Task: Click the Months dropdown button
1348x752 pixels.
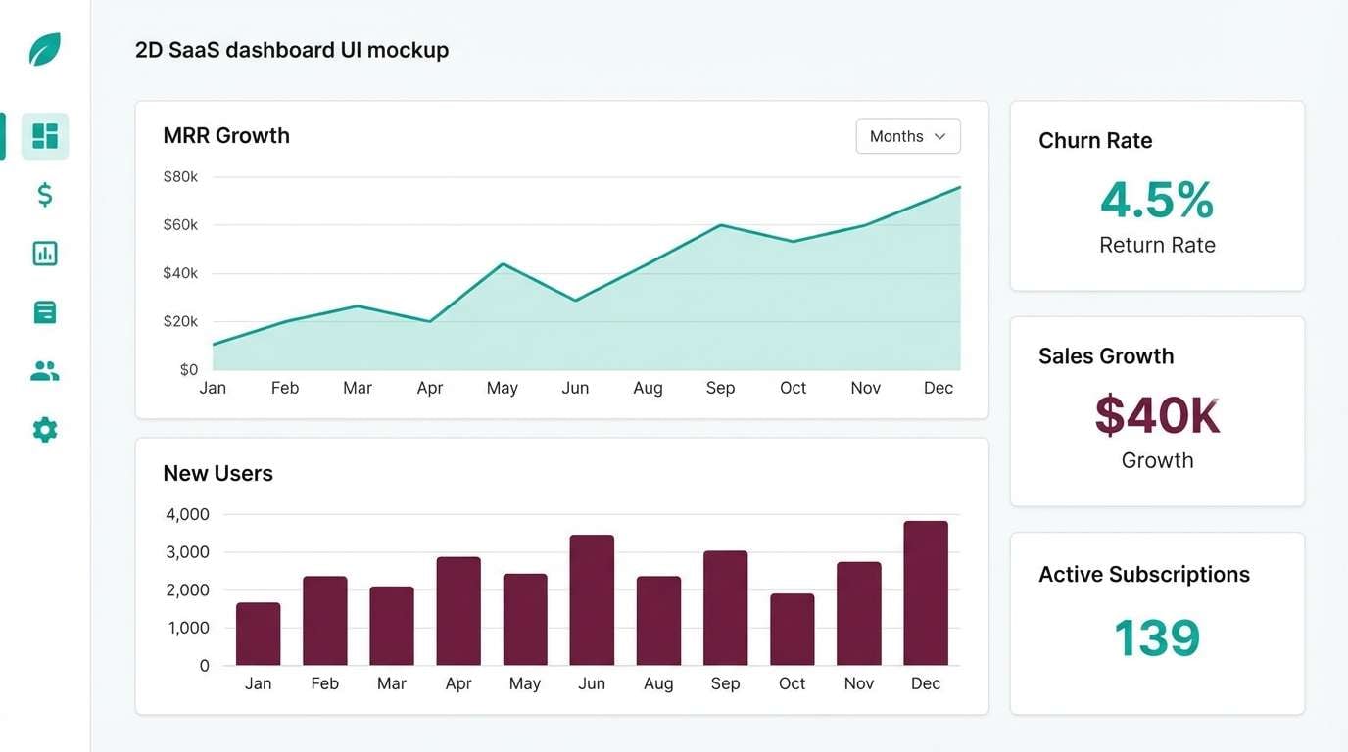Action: tap(907, 136)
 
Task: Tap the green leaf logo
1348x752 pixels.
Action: tap(45, 49)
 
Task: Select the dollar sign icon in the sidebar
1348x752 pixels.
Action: tap(45, 195)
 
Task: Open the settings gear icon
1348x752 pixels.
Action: tap(45, 430)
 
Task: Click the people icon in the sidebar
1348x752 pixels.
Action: tap(45, 371)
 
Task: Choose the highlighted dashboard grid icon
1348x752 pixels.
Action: tap(45, 136)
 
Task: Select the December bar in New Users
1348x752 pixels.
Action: tap(925, 592)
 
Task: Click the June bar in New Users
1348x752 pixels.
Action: tap(592, 599)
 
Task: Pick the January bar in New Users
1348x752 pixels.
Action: tap(258, 634)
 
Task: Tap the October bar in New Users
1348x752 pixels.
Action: tap(792, 629)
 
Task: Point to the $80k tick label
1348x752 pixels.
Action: tap(180, 177)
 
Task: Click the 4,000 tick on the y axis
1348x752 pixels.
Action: tap(187, 514)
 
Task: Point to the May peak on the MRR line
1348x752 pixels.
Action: tap(503, 263)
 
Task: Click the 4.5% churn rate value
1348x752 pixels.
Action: tap(1157, 200)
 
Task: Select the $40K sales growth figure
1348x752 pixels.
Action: tap(1157, 415)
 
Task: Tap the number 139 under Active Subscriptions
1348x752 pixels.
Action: tap(1157, 637)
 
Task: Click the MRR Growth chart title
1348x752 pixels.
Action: tap(226, 136)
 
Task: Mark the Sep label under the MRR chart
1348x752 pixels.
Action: tap(720, 388)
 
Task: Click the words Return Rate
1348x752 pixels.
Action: tap(1157, 245)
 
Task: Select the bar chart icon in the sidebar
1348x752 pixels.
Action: tap(45, 254)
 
